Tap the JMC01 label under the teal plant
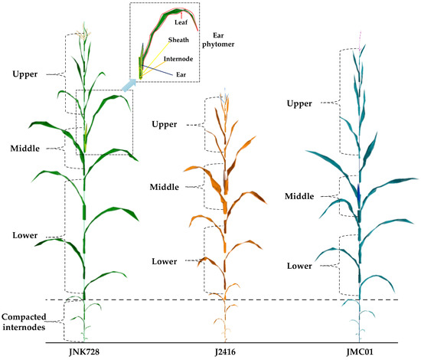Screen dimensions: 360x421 [357, 352]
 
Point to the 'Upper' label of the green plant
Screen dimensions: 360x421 [28, 74]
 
